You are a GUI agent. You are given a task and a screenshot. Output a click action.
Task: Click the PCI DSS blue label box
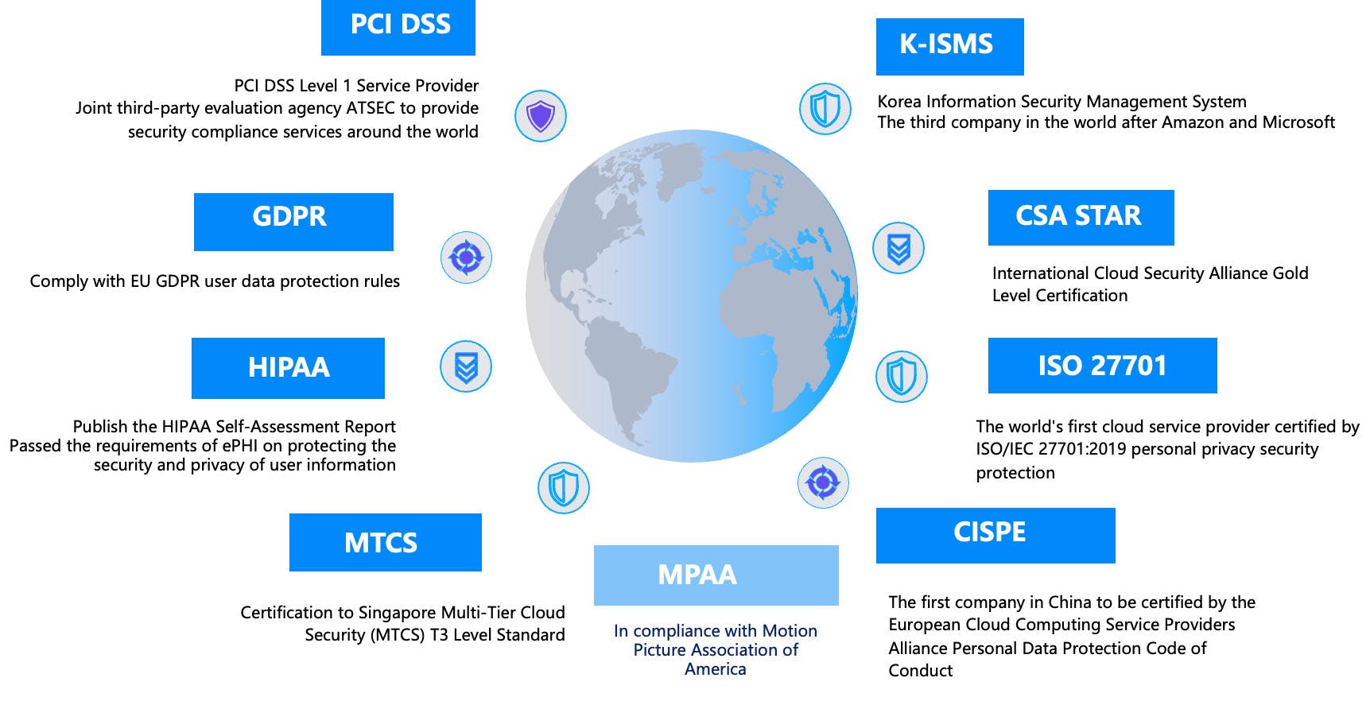(398, 28)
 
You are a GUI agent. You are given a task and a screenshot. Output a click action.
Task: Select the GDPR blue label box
(293, 222)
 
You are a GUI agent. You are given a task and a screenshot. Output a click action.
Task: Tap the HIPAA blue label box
(288, 368)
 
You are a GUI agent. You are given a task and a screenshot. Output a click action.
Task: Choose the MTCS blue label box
(386, 542)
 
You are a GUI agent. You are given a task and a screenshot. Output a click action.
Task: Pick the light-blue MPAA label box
(716, 575)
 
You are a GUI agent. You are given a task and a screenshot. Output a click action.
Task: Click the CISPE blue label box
(995, 536)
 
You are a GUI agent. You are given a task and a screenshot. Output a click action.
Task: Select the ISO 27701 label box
(1103, 366)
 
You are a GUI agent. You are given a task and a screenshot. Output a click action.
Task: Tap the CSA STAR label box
(1081, 218)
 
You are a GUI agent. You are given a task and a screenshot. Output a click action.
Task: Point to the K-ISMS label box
(950, 47)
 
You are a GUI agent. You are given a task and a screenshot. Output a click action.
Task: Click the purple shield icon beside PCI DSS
(541, 116)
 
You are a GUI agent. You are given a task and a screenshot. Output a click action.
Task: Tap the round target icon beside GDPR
(467, 258)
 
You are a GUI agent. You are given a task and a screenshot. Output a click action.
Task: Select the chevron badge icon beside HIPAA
(466, 366)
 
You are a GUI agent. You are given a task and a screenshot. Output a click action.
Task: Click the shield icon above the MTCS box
(564, 487)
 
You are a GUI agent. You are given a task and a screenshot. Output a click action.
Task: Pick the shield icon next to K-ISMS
(825, 108)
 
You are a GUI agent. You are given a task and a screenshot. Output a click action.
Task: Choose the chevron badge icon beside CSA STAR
(898, 248)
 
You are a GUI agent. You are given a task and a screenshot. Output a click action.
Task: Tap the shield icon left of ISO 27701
(902, 376)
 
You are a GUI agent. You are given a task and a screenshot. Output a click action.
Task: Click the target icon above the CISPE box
(823, 482)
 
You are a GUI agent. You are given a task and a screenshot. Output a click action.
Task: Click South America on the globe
(628, 374)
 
